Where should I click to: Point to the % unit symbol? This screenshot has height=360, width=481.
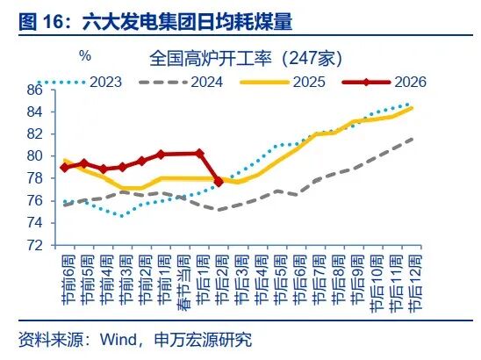[x=85, y=56]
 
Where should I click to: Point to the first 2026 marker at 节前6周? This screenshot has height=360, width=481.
[x=65, y=167]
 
